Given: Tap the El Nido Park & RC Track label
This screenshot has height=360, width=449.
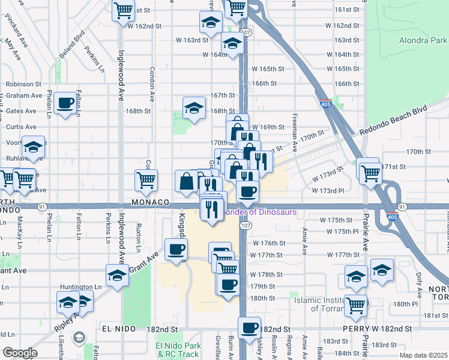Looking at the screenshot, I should point(178,350).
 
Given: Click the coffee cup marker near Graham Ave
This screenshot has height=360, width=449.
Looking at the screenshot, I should point(65,103).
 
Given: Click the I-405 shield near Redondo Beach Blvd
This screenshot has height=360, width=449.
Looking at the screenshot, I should point(326,104).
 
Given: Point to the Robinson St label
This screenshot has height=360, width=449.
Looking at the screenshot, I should point(23,85).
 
